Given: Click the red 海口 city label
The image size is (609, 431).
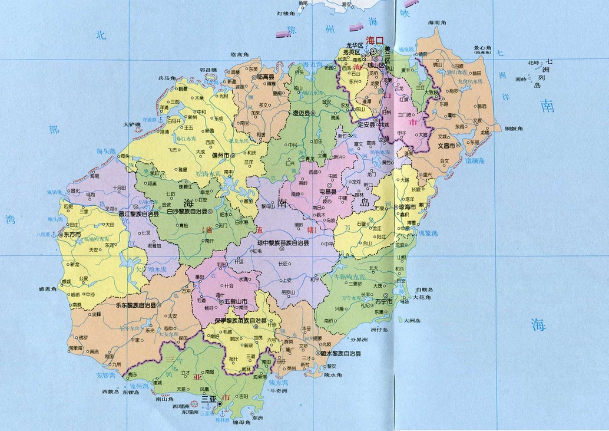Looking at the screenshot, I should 375,40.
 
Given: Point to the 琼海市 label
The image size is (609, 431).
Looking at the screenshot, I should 405,208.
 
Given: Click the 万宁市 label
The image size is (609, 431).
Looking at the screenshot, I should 386,301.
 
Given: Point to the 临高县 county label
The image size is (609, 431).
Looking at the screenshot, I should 263,77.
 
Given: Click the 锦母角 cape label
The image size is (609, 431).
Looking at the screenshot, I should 241,423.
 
